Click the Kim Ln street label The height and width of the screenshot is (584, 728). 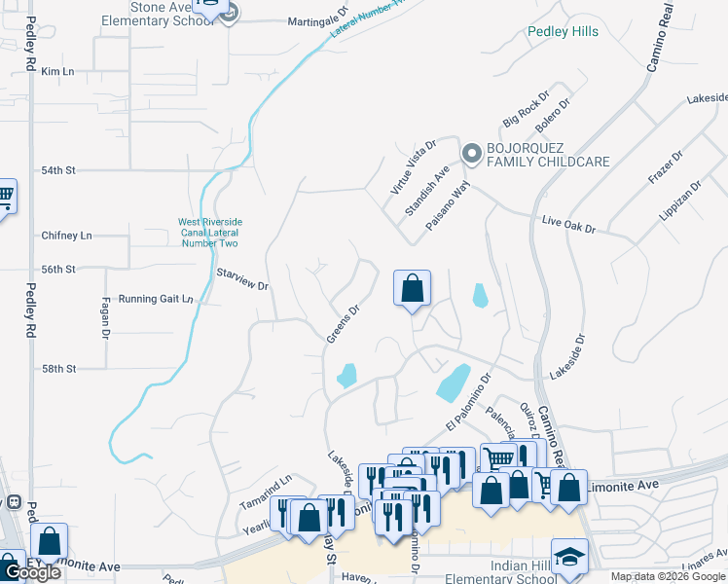click(x=58, y=72)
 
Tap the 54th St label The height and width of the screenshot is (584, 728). click(x=58, y=170)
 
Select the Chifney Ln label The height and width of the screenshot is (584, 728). click(x=66, y=236)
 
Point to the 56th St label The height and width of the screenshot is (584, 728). click(x=58, y=270)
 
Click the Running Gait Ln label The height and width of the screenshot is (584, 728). click(x=156, y=299)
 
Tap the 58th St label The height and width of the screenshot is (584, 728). click(x=58, y=369)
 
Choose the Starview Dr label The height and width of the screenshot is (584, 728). click(x=241, y=280)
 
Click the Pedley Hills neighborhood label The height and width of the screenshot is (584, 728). click(x=563, y=31)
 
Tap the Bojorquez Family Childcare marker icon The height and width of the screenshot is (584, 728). click(x=472, y=153)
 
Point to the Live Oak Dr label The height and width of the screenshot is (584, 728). click(x=567, y=226)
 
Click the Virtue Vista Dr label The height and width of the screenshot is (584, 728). click(x=414, y=166)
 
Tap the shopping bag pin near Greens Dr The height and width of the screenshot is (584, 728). click(x=412, y=288)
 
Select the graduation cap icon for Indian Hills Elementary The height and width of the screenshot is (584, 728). click(x=569, y=557)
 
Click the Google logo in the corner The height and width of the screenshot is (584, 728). click(x=32, y=572)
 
